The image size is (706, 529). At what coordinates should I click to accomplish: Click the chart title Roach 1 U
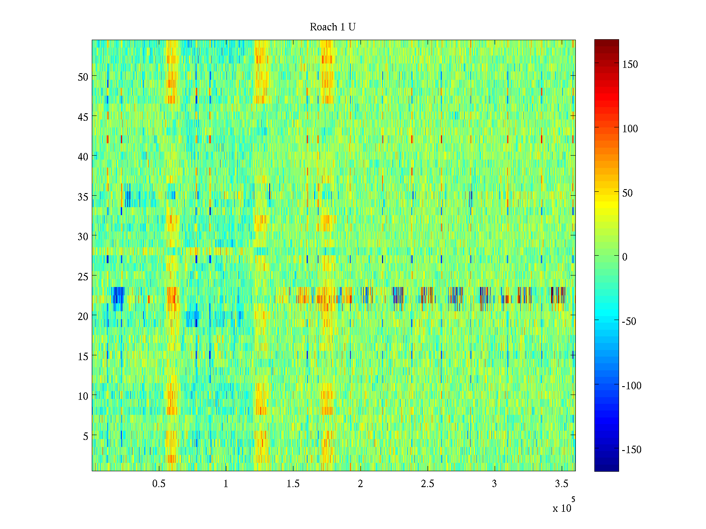point(333,27)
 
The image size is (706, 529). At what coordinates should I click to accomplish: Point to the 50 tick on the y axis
point(83,77)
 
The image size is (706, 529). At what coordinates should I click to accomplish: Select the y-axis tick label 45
point(83,117)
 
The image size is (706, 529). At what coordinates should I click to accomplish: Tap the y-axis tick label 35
point(83,197)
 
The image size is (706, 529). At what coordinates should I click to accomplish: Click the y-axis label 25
point(83,276)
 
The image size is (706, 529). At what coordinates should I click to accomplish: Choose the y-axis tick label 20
point(83,316)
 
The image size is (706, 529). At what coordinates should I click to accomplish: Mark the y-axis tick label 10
point(83,396)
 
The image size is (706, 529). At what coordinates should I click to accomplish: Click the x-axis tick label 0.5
point(159,484)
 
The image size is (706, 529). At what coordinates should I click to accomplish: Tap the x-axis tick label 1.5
point(293,484)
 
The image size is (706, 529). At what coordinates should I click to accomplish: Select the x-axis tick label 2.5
point(427,484)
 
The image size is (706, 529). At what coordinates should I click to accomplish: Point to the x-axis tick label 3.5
point(561,484)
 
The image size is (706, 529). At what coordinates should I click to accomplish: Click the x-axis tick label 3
point(494,484)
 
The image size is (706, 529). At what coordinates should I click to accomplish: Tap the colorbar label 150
point(630,64)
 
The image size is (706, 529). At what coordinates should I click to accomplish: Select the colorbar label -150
point(631,450)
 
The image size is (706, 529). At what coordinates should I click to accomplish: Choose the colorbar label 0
point(624,257)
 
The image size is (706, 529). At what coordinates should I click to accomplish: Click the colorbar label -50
point(629,321)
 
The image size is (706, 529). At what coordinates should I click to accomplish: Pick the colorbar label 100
point(630,129)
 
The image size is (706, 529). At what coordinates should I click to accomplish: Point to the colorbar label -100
point(631,386)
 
